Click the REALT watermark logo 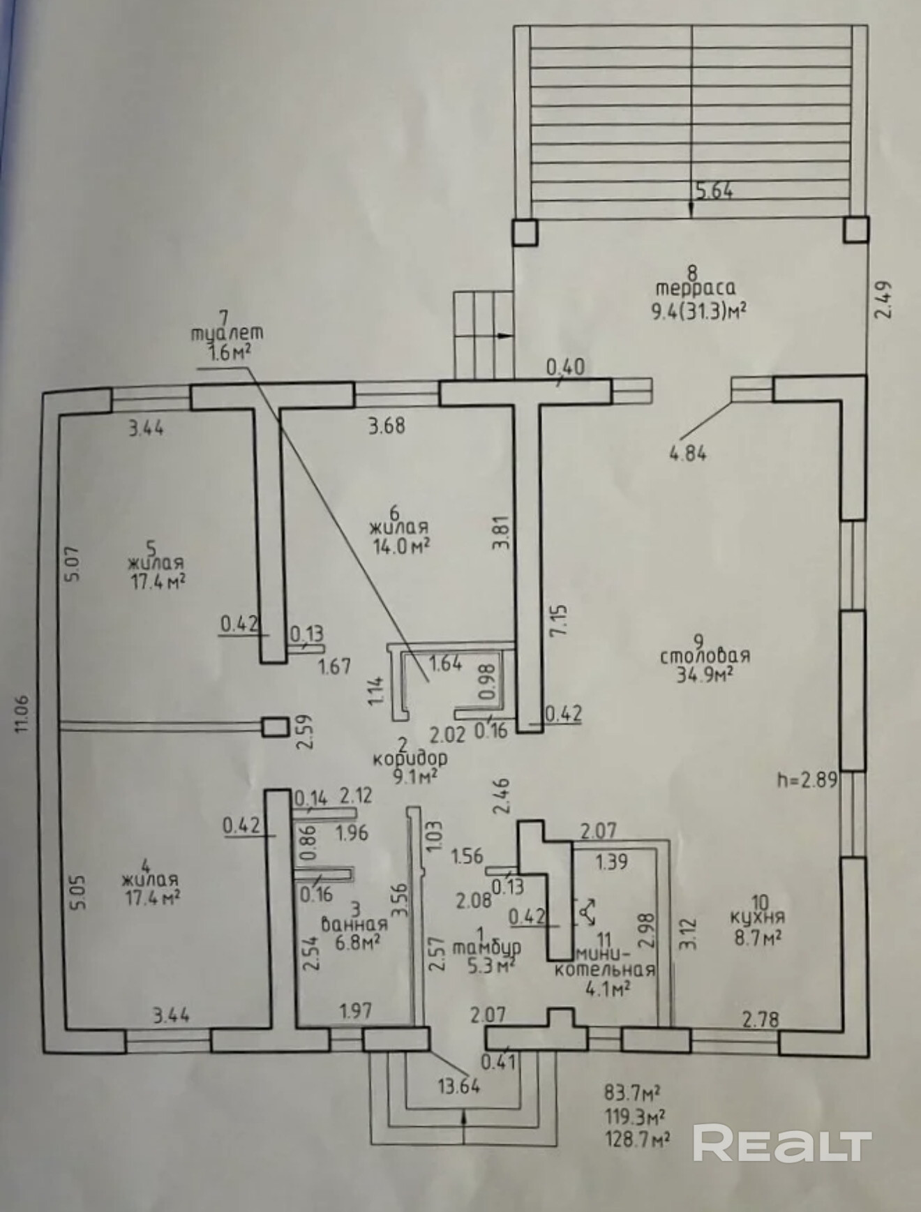pyautogui.click(x=782, y=1144)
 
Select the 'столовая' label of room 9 pyautogui.click(x=705, y=656)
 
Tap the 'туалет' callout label pyautogui.click(x=227, y=334)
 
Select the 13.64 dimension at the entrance pyautogui.click(x=459, y=1086)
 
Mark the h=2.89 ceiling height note pyautogui.click(x=807, y=779)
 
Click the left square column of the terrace pyautogui.click(x=525, y=232)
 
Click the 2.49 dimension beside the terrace pyautogui.click(x=883, y=300)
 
